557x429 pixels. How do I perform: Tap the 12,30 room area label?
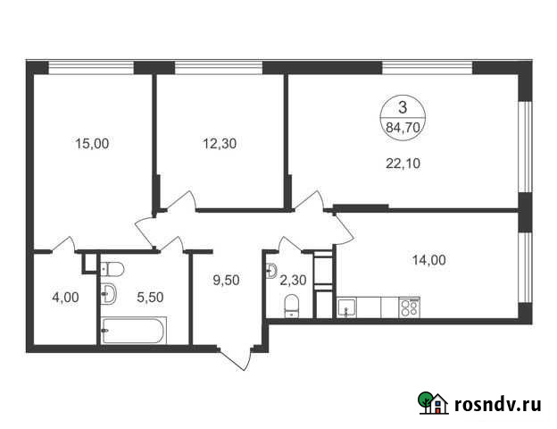218,143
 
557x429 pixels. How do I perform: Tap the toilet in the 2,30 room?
289,307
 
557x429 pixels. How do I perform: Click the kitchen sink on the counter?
346,309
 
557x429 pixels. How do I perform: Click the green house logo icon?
434,403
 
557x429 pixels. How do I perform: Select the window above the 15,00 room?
91,67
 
